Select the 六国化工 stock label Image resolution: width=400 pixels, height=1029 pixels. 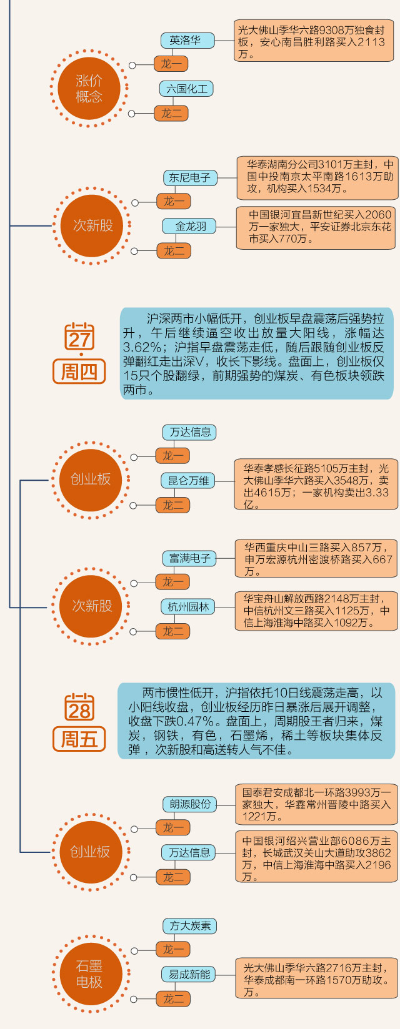coord(186,89)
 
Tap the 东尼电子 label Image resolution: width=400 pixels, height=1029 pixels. coord(190,177)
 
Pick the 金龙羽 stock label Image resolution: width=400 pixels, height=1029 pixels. coord(190,226)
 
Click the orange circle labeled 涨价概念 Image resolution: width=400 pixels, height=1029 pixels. coord(89,89)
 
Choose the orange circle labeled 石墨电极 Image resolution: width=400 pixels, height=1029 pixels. coord(89,973)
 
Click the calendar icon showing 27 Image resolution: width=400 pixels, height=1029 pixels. coord(79,337)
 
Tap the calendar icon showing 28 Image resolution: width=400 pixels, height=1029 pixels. coord(79,707)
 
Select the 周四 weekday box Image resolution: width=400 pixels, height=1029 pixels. coord(79,372)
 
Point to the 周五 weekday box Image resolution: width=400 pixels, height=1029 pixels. coord(79,739)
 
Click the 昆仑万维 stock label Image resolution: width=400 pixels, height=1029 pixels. coord(189,481)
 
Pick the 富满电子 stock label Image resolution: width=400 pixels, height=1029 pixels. coord(190,558)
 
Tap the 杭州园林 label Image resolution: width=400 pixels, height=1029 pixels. coord(189,607)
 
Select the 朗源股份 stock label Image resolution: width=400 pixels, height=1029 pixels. coord(190,804)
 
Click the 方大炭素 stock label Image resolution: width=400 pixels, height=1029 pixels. coord(190,925)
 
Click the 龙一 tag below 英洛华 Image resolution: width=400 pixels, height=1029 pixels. coord(171,64)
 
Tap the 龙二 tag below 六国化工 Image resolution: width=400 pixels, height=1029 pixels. coord(171,114)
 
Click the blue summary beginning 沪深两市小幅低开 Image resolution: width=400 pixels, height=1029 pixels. coord(257,353)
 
